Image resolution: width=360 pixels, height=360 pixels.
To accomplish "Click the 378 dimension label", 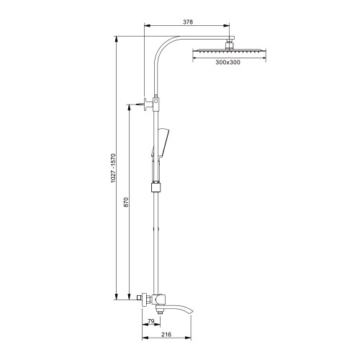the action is [188, 22].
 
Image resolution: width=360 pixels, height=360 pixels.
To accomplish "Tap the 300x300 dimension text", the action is [228, 63].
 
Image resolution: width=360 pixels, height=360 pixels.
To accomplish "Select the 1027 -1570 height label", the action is [113, 168].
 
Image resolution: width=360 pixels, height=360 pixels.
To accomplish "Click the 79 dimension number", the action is [150, 321].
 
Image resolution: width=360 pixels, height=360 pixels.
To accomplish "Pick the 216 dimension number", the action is [166, 334].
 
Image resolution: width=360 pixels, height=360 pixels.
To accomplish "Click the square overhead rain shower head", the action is [229, 50].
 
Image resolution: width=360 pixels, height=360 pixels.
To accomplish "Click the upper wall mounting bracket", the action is [149, 104].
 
